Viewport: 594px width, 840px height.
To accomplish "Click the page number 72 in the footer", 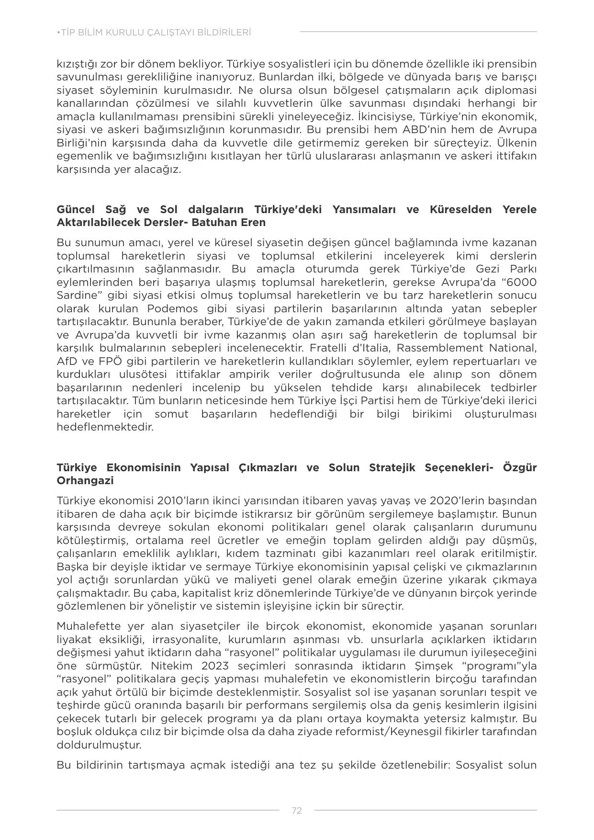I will (x=297, y=810).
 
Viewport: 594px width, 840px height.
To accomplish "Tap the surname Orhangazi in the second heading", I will (x=85, y=480).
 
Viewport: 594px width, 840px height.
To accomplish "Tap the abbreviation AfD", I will (x=67, y=361).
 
